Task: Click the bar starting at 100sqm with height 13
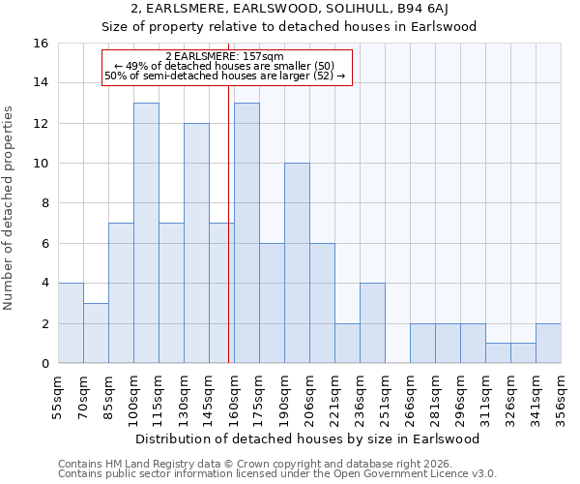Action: pos(146,232)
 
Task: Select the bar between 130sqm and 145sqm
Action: pos(196,243)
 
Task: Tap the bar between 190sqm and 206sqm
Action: pos(297,263)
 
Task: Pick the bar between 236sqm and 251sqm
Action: pos(372,323)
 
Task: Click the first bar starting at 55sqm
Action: pos(71,323)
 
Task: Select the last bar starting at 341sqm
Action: pos(548,344)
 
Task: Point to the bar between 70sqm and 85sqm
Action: pos(96,333)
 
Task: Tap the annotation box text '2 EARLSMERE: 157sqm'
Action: pos(224,57)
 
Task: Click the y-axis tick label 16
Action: pos(40,44)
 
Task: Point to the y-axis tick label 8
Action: pos(43,203)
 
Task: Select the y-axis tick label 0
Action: pos(43,364)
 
